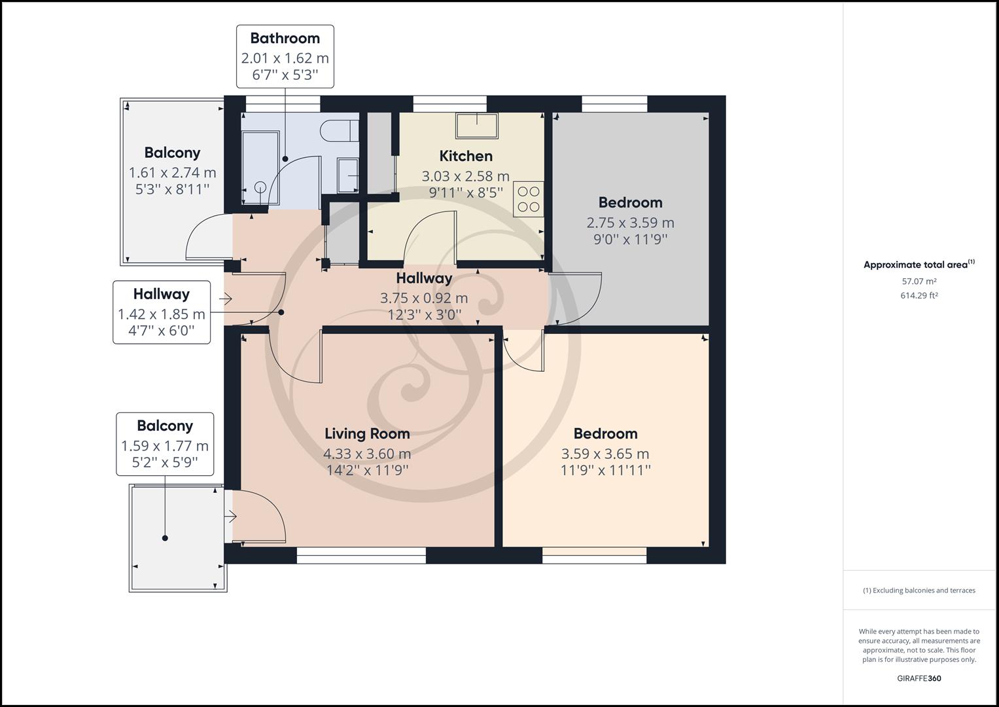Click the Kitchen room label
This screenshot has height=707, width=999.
(465, 156)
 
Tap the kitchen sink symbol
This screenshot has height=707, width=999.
(477, 125)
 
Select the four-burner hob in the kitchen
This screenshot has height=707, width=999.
(529, 199)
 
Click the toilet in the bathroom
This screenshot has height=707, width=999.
(339, 130)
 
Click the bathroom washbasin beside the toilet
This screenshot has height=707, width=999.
(348, 175)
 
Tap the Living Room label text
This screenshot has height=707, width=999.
(367, 433)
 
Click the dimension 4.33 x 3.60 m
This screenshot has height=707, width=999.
(367, 454)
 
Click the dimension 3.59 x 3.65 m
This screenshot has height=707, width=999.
(605, 454)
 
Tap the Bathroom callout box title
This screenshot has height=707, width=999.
(285, 38)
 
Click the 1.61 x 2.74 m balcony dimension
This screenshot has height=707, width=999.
(172, 173)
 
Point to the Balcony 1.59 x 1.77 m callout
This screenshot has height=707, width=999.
(165, 444)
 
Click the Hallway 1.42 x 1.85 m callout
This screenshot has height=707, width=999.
(162, 313)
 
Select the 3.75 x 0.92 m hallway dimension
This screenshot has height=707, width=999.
(424, 299)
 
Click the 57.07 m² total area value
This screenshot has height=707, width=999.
(919, 281)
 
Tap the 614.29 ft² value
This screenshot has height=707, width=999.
(919, 295)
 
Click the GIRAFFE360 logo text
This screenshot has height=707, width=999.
(919, 678)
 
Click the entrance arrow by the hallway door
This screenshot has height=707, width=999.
(226, 299)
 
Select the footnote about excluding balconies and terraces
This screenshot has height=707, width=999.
(919, 590)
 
